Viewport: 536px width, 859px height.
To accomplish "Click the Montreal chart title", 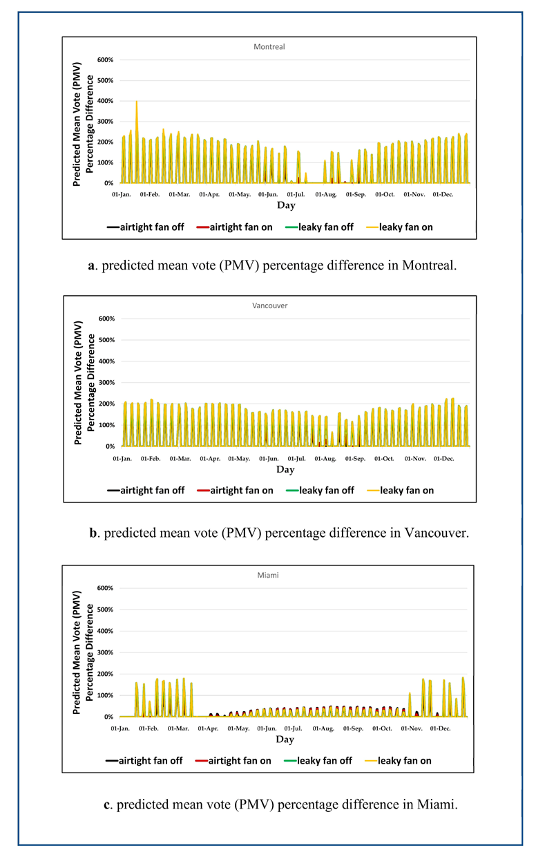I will pos(269,47).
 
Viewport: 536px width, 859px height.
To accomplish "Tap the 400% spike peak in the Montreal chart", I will pos(137,102).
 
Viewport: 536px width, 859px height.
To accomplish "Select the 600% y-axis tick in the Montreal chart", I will pos(105,60).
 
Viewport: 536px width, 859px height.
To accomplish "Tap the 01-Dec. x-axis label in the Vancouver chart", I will pos(443,459).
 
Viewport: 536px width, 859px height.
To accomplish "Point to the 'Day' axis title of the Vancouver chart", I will pos(285,470).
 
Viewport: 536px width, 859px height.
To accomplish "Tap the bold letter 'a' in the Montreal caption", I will pos(91,265).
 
